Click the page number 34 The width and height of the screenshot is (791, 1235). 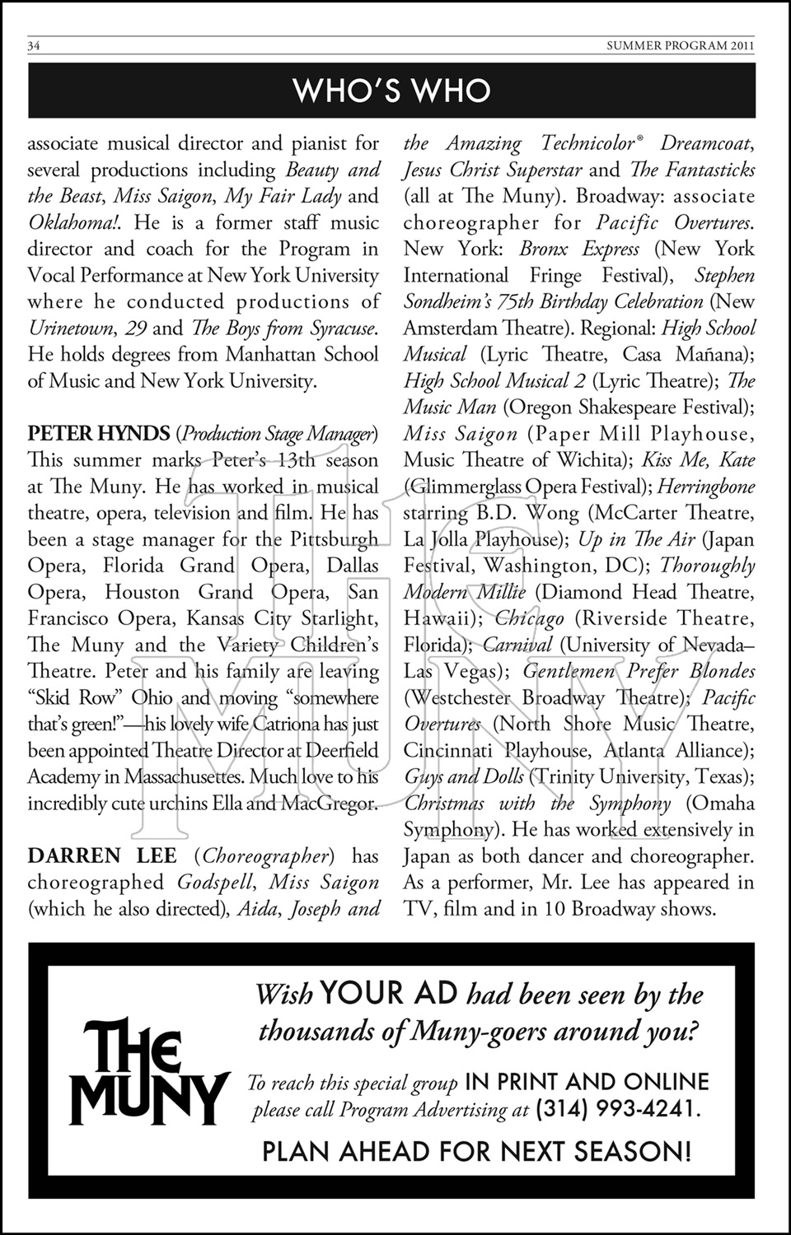35,46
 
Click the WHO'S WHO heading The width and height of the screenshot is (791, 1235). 392,91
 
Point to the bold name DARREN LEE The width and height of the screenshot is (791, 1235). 102,855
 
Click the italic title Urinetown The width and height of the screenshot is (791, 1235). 71,328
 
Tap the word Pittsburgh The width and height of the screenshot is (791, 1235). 335,539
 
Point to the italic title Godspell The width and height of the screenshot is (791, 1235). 212,882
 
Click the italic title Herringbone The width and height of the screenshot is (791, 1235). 706,487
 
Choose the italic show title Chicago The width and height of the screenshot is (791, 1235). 530,618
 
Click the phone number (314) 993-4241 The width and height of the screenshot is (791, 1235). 618,1108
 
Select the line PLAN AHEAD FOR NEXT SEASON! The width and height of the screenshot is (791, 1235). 476,1151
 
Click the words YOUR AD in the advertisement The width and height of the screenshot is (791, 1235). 389,994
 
